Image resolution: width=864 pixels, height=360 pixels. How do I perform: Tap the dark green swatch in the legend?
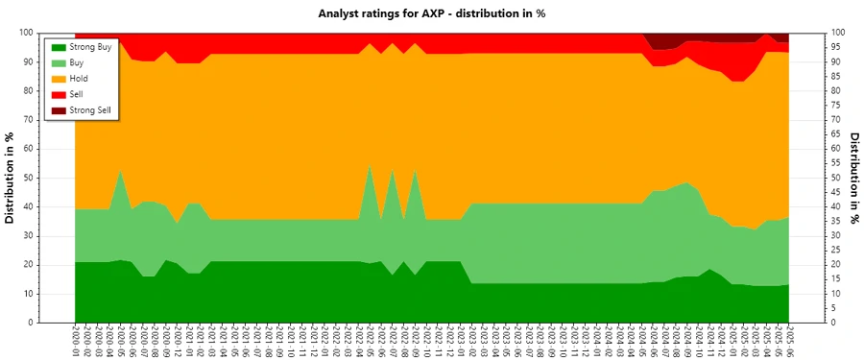(59, 46)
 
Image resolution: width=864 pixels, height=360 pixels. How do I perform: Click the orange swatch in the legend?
(59, 79)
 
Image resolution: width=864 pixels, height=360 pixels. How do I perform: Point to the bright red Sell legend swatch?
(59, 95)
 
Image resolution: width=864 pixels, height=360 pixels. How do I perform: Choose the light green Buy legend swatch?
(59, 62)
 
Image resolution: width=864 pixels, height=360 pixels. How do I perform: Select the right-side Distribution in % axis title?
(852, 178)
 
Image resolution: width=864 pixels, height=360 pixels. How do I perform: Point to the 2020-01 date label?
(75, 341)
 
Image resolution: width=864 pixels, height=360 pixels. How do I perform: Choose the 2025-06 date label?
(790, 341)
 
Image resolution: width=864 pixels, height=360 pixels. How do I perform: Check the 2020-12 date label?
(178, 341)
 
